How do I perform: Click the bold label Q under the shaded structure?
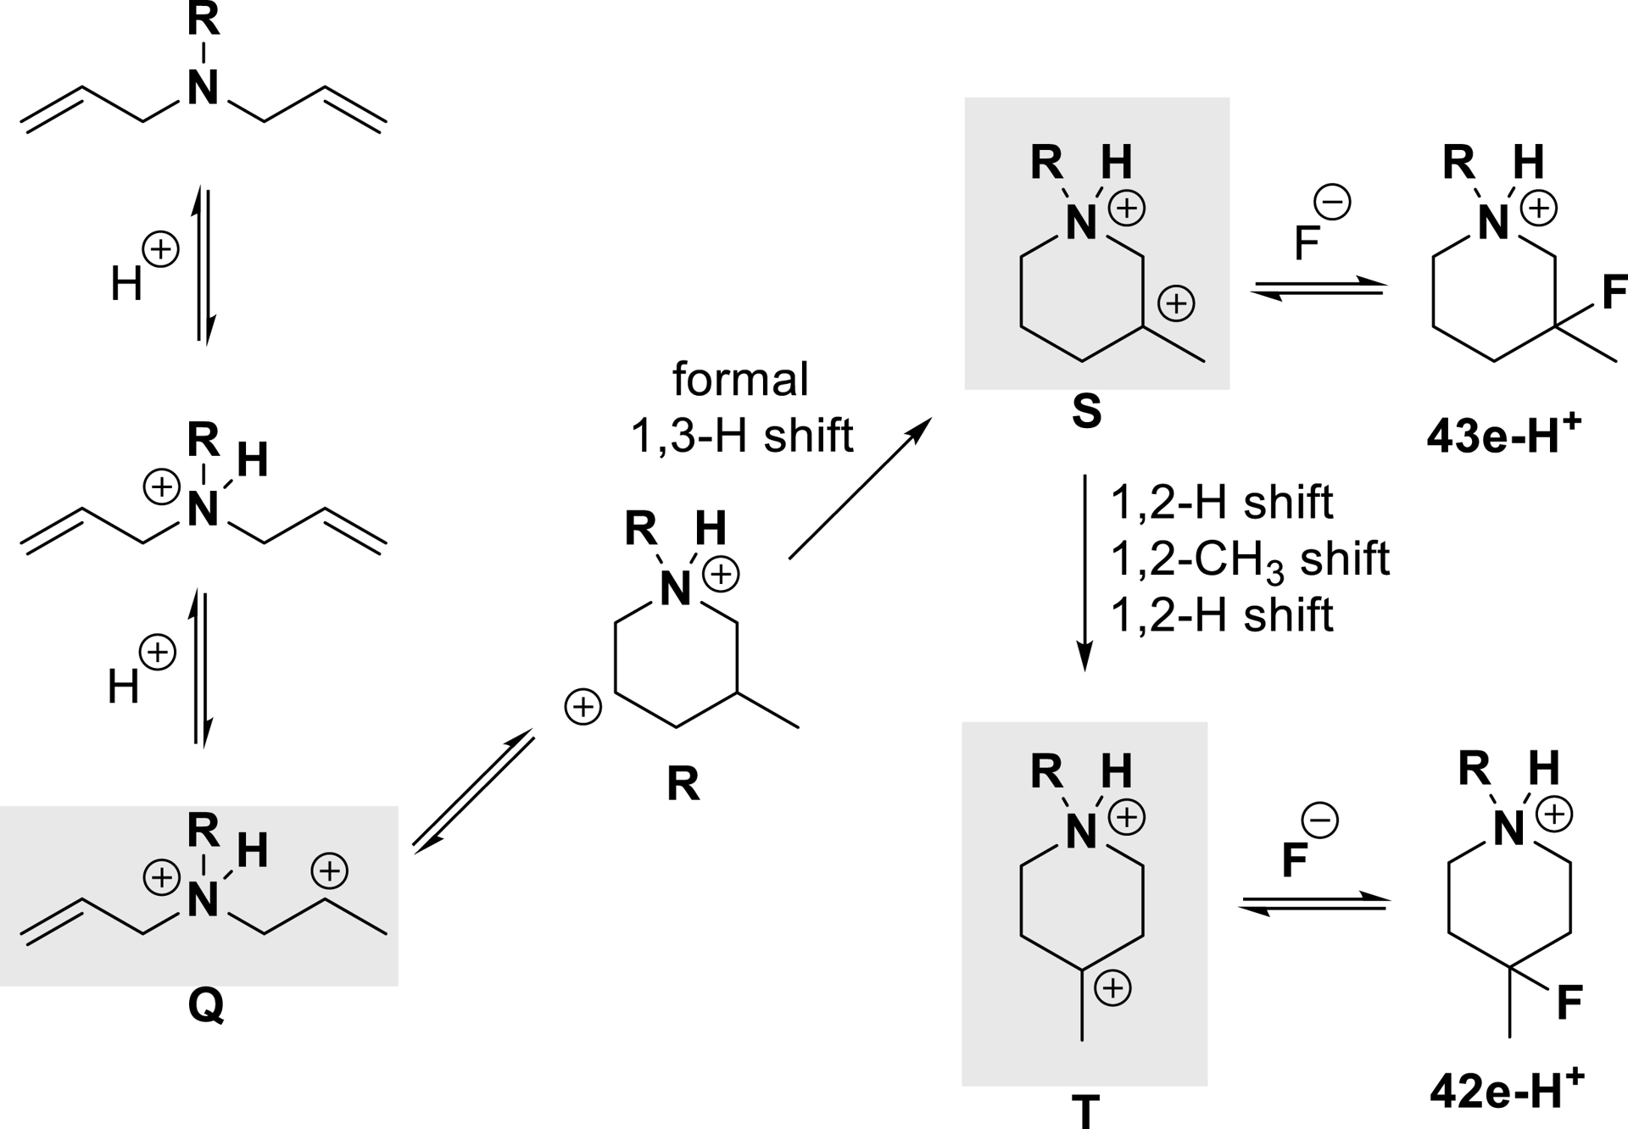click(x=206, y=1006)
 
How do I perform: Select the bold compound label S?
click(x=1086, y=412)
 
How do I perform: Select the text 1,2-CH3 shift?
click(x=1250, y=559)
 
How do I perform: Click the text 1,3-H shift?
click(x=741, y=436)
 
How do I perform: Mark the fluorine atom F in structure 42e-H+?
click(x=1569, y=1003)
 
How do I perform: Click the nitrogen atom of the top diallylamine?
click(x=203, y=88)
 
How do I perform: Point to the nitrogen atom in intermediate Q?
click(x=203, y=900)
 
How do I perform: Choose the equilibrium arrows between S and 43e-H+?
click(x=1318, y=289)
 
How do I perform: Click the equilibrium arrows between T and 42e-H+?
click(x=1313, y=903)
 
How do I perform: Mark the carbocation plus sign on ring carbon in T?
click(x=1112, y=987)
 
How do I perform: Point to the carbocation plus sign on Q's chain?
click(x=329, y=870)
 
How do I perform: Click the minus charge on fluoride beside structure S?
click(x=1332, y=203)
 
